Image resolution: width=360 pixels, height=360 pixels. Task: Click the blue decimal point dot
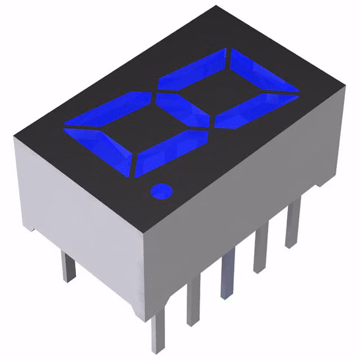[x=161, y=191]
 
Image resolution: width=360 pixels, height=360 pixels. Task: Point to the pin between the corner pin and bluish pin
[x=195, y=304]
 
